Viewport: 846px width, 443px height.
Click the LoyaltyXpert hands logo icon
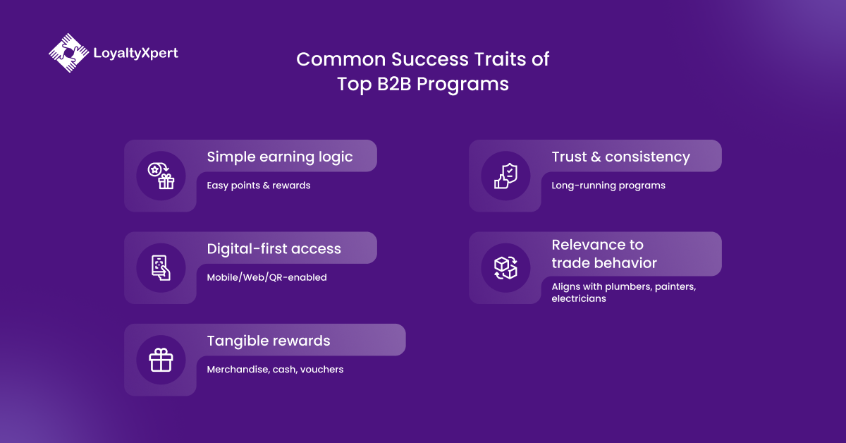tap(68, 54)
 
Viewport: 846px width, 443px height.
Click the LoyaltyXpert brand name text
tap(135, 53)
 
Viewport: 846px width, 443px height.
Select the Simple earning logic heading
tap(279, 157)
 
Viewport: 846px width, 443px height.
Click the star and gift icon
tap(161, 176)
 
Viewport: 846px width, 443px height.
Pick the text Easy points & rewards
tap(258, 186)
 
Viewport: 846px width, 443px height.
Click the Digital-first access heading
tap(274, 249)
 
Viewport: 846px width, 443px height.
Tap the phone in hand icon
tap(161, 267)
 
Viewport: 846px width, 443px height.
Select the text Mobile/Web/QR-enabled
tap(266, 277)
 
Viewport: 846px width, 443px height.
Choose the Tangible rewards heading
tap(268, 341)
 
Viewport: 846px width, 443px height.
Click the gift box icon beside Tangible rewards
tap(161, 360)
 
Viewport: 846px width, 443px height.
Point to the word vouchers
tap(321, 369)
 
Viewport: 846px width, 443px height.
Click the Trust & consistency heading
tap(620, 157)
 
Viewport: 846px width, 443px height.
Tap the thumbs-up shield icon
tap(505, 176)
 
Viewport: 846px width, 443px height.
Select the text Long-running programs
tap(608, 186)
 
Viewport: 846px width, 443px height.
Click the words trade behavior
tap(603, 263)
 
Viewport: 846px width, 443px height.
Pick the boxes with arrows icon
tap(505, 267)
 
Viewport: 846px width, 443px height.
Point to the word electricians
tap(578, 298)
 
